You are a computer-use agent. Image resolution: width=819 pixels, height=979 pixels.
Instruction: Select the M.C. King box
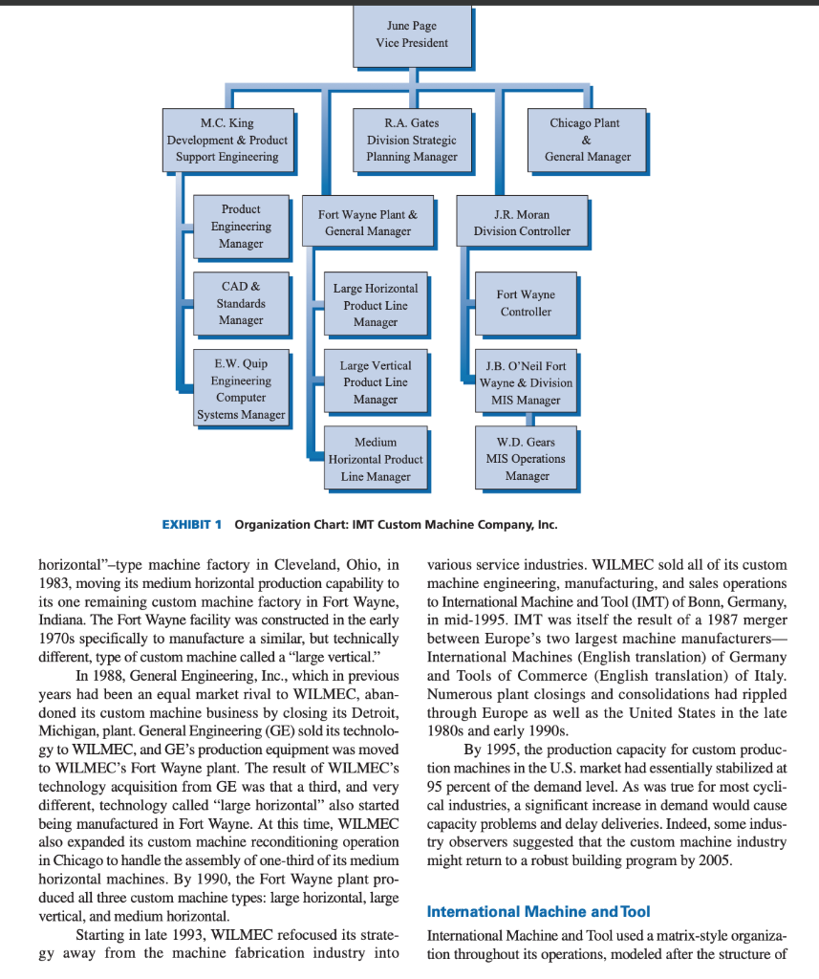click(227, 140)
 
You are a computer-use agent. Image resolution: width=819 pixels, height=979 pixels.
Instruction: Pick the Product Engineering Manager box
click(241, 226)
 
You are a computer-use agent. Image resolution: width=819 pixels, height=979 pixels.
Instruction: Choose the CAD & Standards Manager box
click(241, 303)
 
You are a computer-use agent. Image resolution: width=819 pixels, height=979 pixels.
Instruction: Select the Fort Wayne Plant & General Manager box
click(368, 223)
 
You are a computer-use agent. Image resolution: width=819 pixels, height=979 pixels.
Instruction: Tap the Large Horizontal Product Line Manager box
click(375, 305)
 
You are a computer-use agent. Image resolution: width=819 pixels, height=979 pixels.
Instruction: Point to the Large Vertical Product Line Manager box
click(375, 381)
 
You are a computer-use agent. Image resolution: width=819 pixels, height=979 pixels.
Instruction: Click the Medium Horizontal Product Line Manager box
click(375, 459)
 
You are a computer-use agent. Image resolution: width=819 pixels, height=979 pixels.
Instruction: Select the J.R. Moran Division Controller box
click(522, 223)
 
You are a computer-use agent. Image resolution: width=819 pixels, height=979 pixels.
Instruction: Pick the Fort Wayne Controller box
click(526, 303)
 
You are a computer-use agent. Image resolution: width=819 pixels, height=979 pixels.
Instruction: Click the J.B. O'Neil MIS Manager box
click(527, 382)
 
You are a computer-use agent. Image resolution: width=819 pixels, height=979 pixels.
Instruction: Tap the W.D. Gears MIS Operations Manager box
click(527, 459)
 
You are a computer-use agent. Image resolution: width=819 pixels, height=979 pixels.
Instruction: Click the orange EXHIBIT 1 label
click(191, 525)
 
